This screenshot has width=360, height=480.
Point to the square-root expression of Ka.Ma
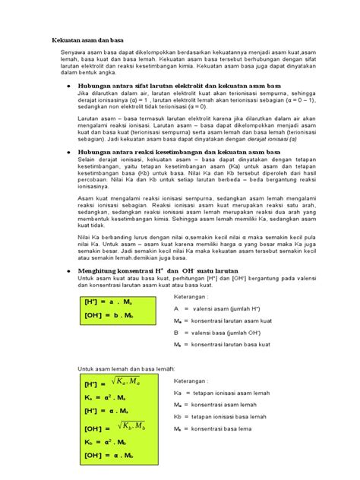click(x=126, y=380)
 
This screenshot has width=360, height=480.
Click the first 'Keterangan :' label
click(x=193, y=295)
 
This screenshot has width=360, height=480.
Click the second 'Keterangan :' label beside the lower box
click(x=193, y=380)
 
